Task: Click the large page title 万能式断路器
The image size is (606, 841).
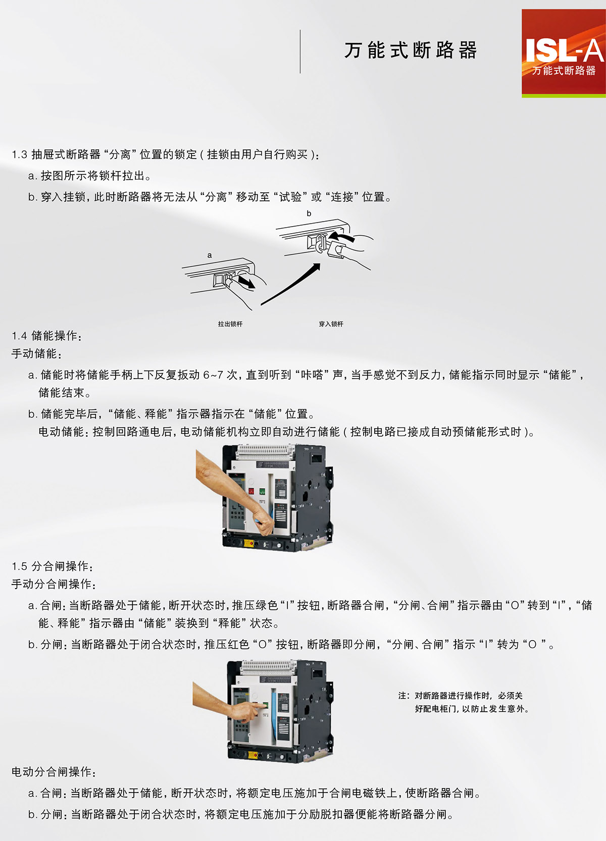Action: coord(411,50)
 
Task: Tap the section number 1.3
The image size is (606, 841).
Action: coord(20,154)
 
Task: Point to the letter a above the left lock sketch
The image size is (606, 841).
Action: coord(210,255)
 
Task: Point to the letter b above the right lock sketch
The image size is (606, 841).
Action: coord(309,213)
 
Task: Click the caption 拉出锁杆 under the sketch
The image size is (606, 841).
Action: coord(230,324)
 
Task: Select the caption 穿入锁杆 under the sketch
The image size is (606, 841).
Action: coord(331,324)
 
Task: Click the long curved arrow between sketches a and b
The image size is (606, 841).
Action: coord(290,285)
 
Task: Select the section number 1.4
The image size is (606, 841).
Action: coord(20,336)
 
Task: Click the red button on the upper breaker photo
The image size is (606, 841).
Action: coord(251,491)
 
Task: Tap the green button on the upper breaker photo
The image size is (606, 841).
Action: coord(262,491)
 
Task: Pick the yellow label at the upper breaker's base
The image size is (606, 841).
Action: coord(249,543)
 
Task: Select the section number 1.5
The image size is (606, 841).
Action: coord(20,566)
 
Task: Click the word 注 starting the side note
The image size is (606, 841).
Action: coord(402,696)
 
